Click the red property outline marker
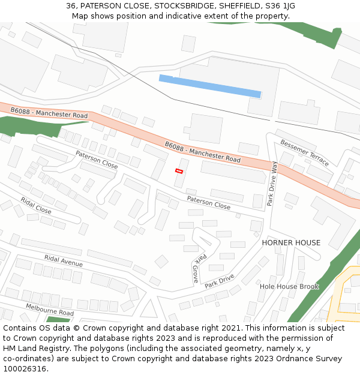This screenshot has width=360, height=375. coord(179,171)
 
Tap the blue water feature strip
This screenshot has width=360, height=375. coord(210,86)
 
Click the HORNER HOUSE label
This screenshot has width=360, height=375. coord(291,243)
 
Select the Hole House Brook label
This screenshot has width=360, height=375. coord(289,287)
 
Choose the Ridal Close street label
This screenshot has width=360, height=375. coord(36,205)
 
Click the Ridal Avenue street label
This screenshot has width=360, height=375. coord(64,260)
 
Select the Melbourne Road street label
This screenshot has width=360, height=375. coord(50,310)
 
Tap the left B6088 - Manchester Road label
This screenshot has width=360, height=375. coord(49,113)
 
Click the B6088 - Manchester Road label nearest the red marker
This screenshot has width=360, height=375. coord(202,152)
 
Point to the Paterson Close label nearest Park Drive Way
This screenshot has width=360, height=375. coord(208,202)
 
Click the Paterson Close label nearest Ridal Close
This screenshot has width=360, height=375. coord(97,159)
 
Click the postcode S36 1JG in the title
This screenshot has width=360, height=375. coord(281,6)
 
